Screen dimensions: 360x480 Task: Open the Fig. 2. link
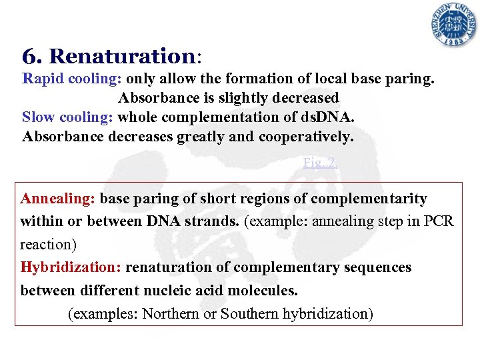pos(320,162)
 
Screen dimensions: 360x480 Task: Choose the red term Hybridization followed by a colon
pos(71,267)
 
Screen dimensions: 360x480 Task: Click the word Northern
pos(170,313)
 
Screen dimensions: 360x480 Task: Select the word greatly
pos(201,137)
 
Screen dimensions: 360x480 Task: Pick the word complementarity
pos(369,199)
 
